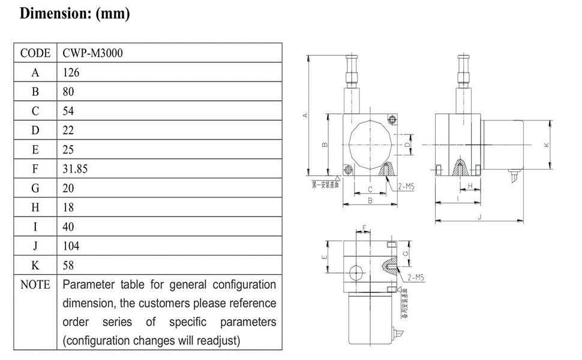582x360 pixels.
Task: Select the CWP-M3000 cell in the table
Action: pos(92,53)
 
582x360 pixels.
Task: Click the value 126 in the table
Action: pos(71,73)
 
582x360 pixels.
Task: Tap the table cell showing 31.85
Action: pos(75,169)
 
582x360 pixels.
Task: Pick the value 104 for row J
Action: pos(71,246)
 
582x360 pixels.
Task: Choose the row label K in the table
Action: pos(35,265)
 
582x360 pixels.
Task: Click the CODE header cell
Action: pos(35,53)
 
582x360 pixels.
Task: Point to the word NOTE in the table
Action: pos(35,284)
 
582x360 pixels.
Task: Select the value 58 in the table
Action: pos(68,265)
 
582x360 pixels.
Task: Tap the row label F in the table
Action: pos(35,169)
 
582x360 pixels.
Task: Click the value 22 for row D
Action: pos(68,130)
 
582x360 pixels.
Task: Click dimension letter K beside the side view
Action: pos(546,145)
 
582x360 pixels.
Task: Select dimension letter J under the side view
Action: pos(479,217)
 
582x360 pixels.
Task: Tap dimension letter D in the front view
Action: pos(407,145)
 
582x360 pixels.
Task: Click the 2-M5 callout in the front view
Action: pos(406,187)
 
